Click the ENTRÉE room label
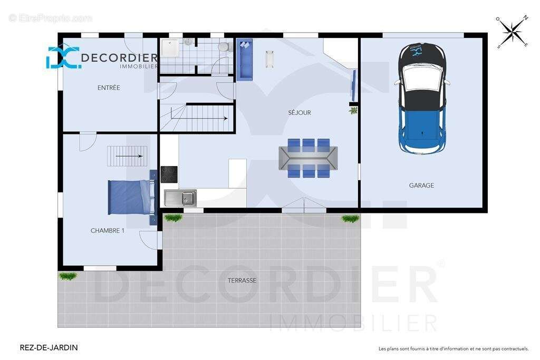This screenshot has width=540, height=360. point(109,88)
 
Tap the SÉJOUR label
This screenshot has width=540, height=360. point(300,113)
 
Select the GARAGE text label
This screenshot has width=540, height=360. point(421,185)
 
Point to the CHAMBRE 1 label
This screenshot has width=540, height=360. point(107,230)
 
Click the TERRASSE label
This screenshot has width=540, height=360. point(242,280)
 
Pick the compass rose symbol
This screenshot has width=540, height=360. point(513,32)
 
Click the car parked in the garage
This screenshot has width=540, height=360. point(422,98)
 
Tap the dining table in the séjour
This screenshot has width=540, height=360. point(308,158)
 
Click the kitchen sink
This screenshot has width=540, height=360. point(180,198)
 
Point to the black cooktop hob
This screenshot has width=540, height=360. point(169,174)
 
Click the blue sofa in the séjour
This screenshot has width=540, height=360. point(245,60)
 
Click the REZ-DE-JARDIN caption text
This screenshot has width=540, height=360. point(49,347)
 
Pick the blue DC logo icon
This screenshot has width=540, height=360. point(63,57)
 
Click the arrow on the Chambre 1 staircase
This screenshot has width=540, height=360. point(129,156)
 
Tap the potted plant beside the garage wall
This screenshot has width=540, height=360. point(353,111)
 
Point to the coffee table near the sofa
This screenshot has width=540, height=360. point(269,59)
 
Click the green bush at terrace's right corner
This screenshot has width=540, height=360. point(351,219)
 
